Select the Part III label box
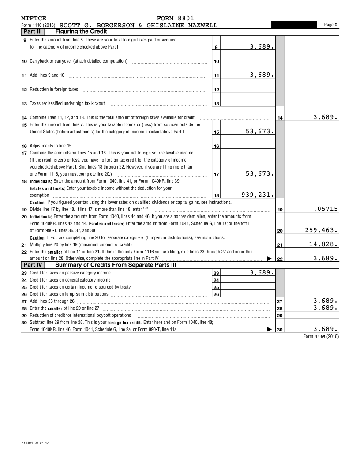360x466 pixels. pyautogui.click(x=33, y=31)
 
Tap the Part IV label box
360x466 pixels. pyautogui.click(x=33, y=265)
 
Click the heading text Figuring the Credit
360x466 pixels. pyautogui.click(x=81, y=31)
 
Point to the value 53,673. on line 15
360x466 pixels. pyautogui.click(x=260, y=132)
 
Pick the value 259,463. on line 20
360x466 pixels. pyautogui.click(x=322, y=230)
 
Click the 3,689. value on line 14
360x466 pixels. pyautogui.click(x=326, y=117)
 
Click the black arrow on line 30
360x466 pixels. pyautogui.click(x=270, y=329)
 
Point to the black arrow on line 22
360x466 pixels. pyautogui.click(x=270, y=259)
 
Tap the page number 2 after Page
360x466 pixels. pyautogui.click(x=336, y=25)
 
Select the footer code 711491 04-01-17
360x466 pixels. pyautogui.click(x=35, y=442)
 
